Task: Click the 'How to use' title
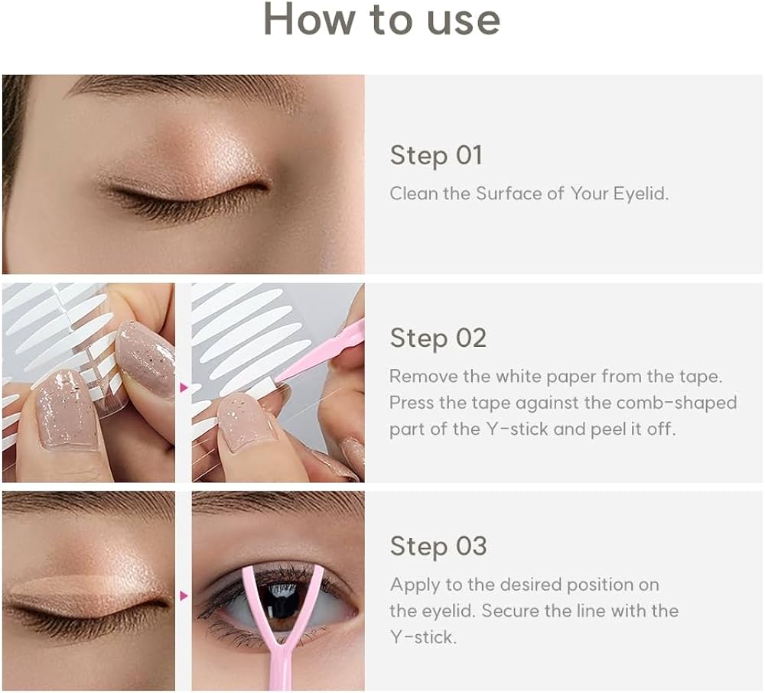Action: tap(382, 19)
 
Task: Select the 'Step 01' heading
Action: tap(436, 155)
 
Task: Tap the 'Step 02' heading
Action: tap(438, 338)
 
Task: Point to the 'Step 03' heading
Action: tap(438, 546)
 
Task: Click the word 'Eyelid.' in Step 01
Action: tap(641, 193)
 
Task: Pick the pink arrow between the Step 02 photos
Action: tap(184, 387)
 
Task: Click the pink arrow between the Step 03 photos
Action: tap(184, 595)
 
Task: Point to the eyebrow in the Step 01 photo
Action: tap(184, 92)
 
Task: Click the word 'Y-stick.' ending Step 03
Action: tap(423, 637)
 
